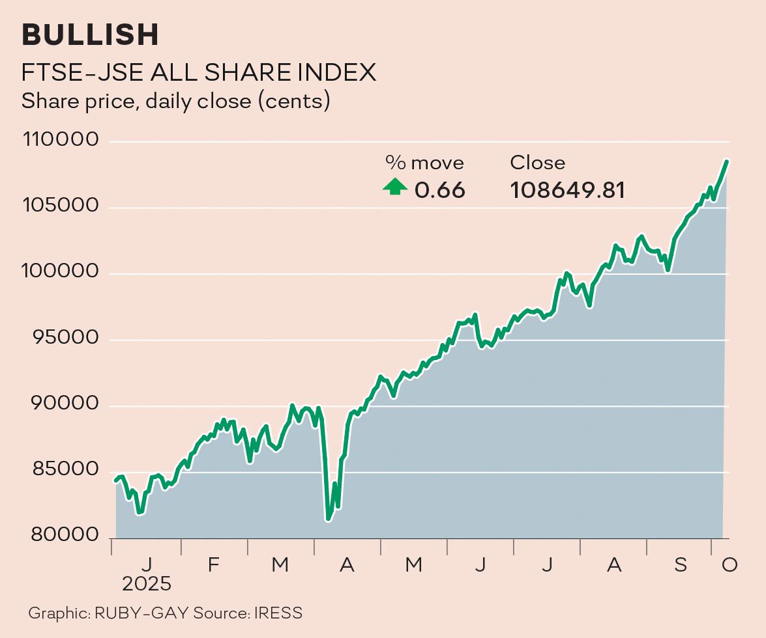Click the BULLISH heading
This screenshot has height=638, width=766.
(90, 35)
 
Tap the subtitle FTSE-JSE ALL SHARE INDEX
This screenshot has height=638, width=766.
(199, 72)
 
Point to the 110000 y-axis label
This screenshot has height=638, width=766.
(60, 141)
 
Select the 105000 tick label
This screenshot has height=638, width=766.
(60, 207)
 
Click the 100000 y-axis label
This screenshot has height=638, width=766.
(60, 273)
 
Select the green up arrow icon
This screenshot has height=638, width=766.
(395, 187)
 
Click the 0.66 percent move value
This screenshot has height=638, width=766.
(440, 190)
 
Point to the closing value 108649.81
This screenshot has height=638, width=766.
(567, 190)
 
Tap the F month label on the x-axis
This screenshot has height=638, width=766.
(213, 565)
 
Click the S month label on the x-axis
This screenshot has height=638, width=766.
(681, 565)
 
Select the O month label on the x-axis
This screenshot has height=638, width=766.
(729, 565)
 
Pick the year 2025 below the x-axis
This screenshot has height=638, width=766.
(147, 583)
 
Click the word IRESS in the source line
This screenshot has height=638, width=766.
(278, 613)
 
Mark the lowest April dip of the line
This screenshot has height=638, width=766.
(328, 519)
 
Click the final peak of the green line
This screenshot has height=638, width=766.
(726, 161)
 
